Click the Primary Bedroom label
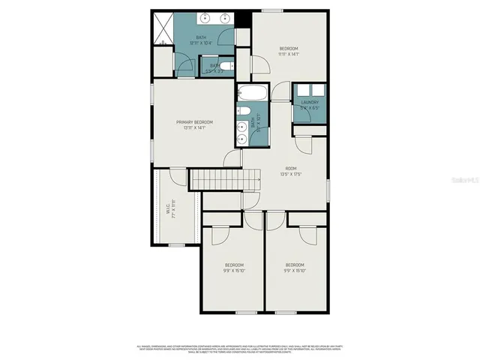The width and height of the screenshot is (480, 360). pyautogui.click(x=194, y=122)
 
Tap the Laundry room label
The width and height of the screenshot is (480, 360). pyautogui.click(x=310, y=103)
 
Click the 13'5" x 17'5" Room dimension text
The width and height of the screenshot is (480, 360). pyautogui.click(x=291, y=174)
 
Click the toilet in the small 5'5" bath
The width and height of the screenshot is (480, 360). pyautogui.click(x=228, y=66)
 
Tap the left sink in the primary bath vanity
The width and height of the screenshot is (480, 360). pyautogui.click(x=205, y=19)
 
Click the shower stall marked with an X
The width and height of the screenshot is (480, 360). pyautogui.click(x=162, y=28)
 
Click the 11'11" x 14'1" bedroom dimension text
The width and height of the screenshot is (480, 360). pyautogui.click(x=288, y=54)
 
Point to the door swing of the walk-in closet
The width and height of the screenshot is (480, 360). pyautogui.click(x=178, y=176)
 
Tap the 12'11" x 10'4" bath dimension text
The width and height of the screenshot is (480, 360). pyautogui.click(x=200, y=43)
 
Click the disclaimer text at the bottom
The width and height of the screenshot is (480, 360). pyautogui.click(x=240, y=348)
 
